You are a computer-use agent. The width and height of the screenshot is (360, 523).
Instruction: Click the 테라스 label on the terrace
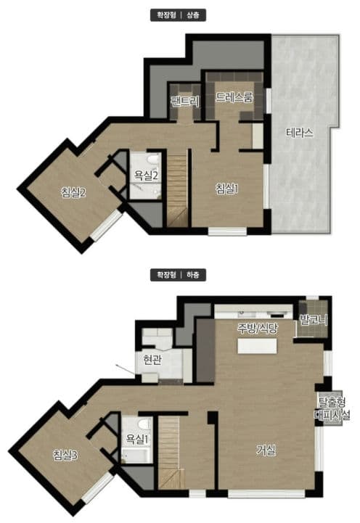pyautogui.click(x=300, y=133)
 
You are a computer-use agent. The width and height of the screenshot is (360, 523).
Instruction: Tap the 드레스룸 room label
pyautogui.click(x=234, y=97)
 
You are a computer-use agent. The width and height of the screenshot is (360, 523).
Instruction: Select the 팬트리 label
pyautogui.click(x=186, y=101)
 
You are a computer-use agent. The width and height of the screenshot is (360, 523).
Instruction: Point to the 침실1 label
pyautogui.click(x=227, y=189)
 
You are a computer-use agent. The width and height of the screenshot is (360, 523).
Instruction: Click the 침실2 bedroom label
pyautogui.click(x=73, y=192)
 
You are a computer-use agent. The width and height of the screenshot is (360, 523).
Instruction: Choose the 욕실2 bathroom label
pyautogui.click(x=146, y=175)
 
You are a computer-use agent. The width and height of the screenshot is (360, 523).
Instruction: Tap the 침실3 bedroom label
pyautogui.click(x=65, y=455)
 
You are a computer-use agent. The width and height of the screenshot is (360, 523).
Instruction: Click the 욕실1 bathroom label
pyautogui.click(x=136, y=439)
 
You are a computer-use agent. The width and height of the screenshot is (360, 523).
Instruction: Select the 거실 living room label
pyautogui.click(x=266, y=450)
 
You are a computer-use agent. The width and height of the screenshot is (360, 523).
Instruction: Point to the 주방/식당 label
pyautogui.click(x=257, y=328)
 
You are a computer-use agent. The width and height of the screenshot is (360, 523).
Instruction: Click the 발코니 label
pyautogui.click(x=314, y=320)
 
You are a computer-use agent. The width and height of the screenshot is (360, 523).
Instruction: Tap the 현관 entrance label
pyautogui.click(x=152, y=360)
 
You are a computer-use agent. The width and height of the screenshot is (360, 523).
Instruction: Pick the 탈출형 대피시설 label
pyautogui.click(x=332, y=408)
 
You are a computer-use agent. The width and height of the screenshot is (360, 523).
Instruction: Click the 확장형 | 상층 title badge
pyautogui.click(x=178, y=15)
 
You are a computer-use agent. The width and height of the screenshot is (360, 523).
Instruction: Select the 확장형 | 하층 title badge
pyautogui.click(x=178, y=275)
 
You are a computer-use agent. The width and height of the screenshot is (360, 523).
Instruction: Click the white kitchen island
pyautogui.click(x=257, y=346)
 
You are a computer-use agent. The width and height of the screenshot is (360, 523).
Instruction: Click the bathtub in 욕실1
pyautogui.click(x=136, y=456)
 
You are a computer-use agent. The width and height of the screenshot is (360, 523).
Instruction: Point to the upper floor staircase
pyautogui.click(x=177, y=189)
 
